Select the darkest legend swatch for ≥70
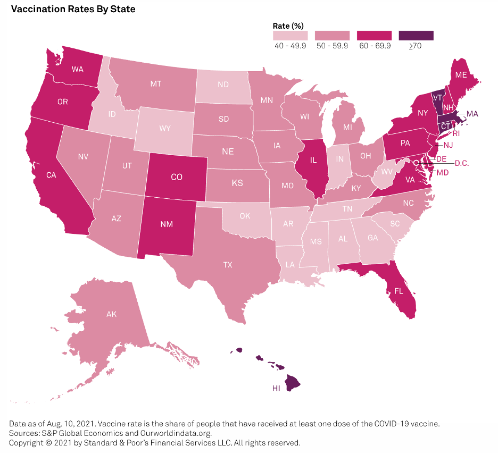tap(416, 35)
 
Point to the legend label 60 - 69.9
tap(375, 46)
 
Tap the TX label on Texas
tap(228, 264)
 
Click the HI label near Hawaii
tap(276, 389)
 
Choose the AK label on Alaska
tap(111, 314)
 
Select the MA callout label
tap(472, 113)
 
